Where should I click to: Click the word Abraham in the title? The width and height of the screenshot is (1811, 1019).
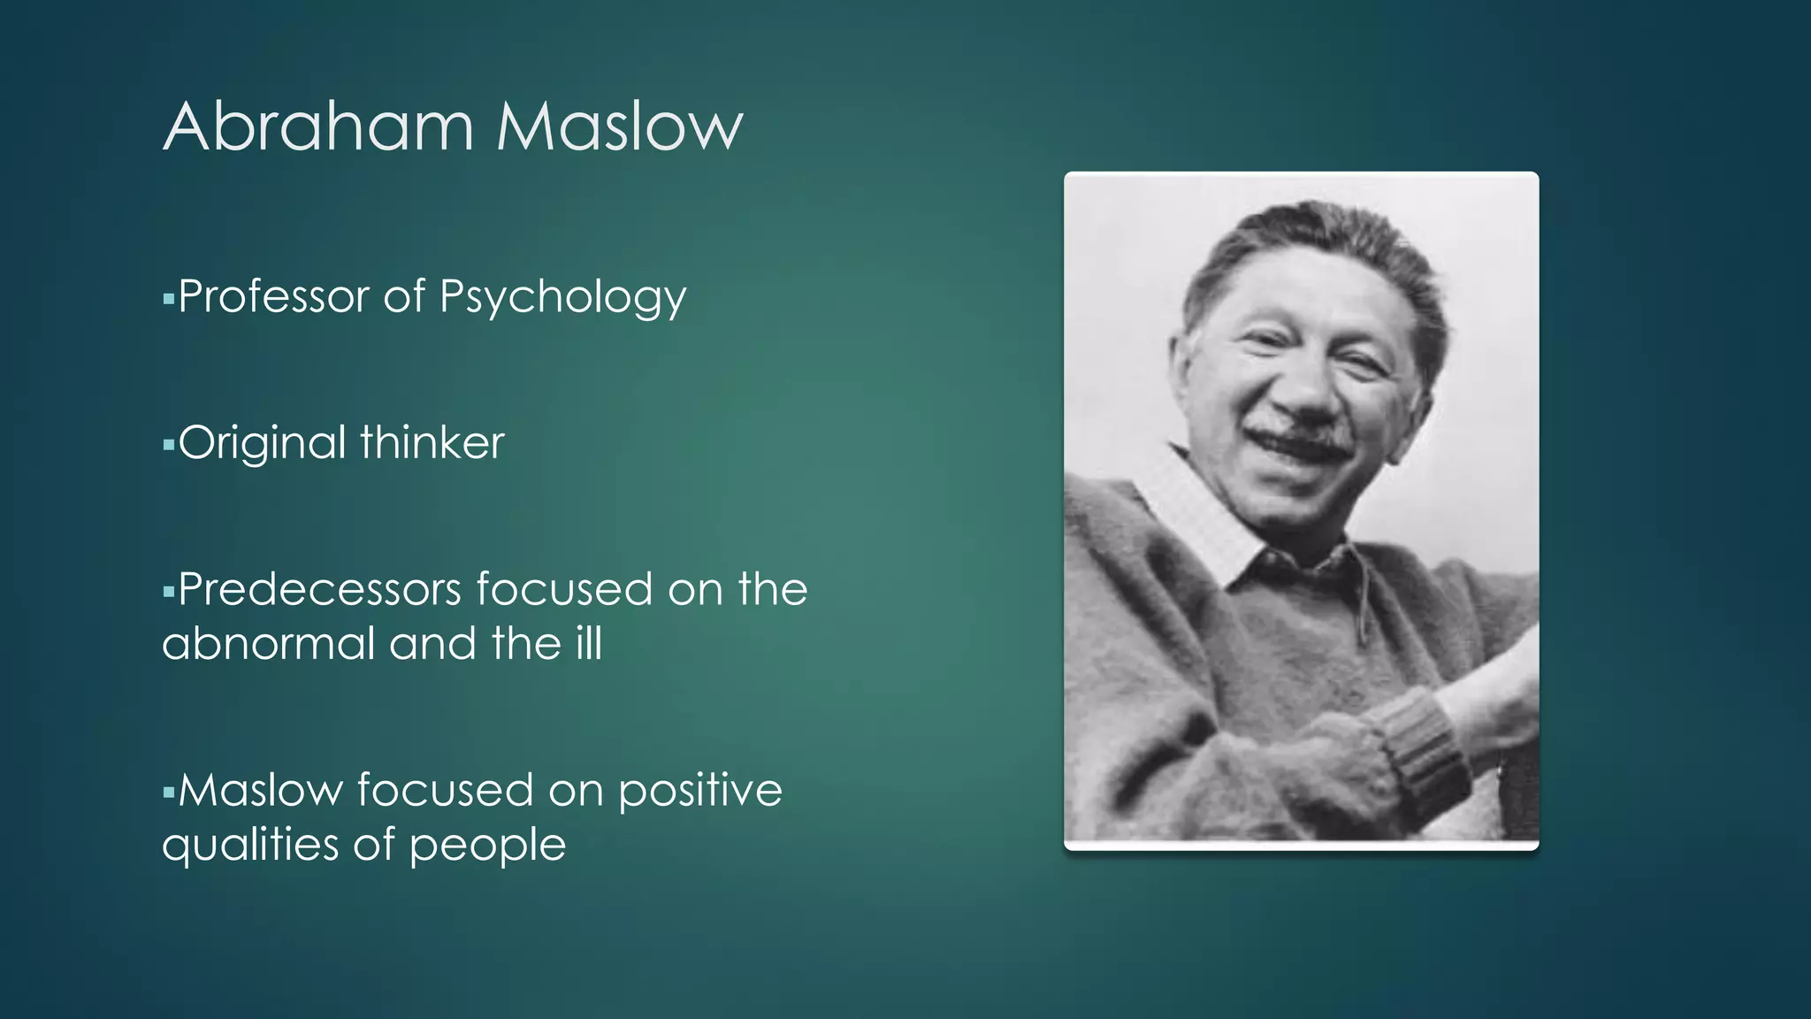point(318,126)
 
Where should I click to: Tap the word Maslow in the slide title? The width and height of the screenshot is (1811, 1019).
point(619,126)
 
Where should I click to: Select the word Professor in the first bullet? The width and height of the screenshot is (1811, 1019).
point(273,295)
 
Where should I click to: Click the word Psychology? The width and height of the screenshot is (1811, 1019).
point(562,297)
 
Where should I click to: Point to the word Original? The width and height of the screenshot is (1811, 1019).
point(262,442)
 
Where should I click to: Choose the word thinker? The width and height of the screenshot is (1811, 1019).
point(432,441)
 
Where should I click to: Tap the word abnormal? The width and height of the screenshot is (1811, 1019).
point(268,643)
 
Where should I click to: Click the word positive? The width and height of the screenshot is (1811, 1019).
point(700,791)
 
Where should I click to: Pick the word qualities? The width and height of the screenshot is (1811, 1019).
point(249,845)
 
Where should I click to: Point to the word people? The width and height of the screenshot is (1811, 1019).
point(487,846)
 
